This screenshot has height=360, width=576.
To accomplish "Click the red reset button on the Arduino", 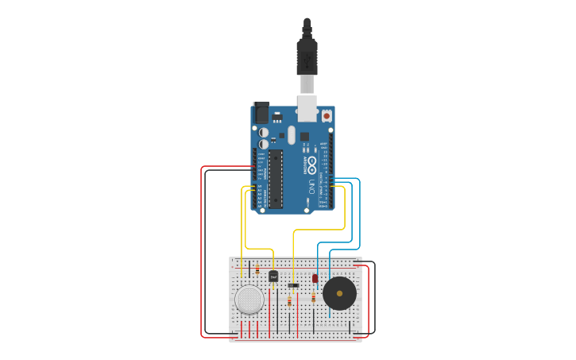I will pyautogui.click(x=327, y=116).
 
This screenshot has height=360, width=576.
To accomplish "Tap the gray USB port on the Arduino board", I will pyautogui.click(x=307, y=108).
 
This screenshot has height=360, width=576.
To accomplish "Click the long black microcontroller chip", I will pyautogui.click(x=276, y=178).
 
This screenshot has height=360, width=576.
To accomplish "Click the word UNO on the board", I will pyautogui.click(x=311, y=188).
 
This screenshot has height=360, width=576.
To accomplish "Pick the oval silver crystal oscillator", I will pyautogui.click(x=292, y=135).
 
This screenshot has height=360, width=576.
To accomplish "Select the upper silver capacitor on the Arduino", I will pyautogui.click(x=263, y=133).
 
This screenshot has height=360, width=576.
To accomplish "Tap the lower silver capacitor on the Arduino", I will pyautogui.click(x=263, y=144).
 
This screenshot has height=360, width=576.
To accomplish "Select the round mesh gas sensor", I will pyautogui.click(x=249, y=300).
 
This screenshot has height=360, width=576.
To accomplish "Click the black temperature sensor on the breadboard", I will pyautogui.click(x=273, y=277).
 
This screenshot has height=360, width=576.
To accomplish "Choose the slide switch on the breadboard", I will pyautogui.click(x=293, y=285).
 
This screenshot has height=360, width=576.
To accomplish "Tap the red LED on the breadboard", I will pyautogui.click(x=315, y=278).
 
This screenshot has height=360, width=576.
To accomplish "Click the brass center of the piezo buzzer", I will pyautogui.click(x=339, y=293).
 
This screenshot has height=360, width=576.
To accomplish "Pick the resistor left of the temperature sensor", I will pyautogui.click(x=257, y=270).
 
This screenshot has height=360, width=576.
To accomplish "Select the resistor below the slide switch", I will pyautogui.click(x=289, y=301).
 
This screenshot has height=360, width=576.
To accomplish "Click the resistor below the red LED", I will pyautogui.click(x=314, y=297).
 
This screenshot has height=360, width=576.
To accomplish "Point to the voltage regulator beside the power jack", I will pyautogui.click(x=276, y=116).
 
